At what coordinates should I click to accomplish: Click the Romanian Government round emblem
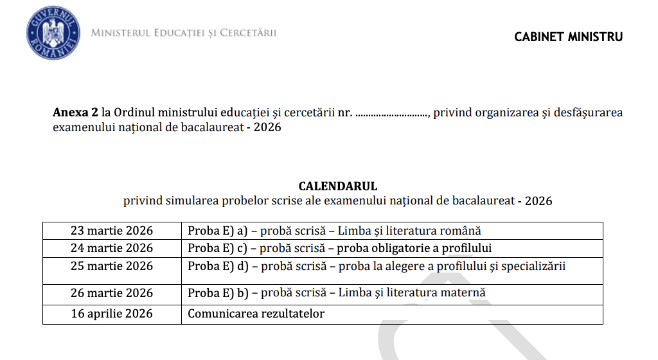pyautogui.click(x=53, y=33)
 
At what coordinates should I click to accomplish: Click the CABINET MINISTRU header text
pyautogui.click(x=568, y=37)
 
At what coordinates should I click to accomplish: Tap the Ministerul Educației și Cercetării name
pyautogui.click(x=184, y=33)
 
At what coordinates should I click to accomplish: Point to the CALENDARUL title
pyautogui.click(x=337, y=186)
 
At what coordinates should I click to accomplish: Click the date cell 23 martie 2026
pyautogui.click(x=112, y=230)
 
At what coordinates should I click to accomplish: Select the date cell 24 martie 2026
pyautogui.click(x=112, y=248)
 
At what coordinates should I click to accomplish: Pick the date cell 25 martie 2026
pyautogui.click(x=112, y=266)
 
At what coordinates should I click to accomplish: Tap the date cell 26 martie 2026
pyautogui.click(x=112, y=293)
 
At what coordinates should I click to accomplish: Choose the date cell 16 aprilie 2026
pyautogui.click(x=112, y=314)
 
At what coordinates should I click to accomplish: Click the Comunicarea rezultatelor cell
pyautogui.click(x=256, y=314)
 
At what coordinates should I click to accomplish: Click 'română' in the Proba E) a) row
pyautogui.click(x=460, y=230)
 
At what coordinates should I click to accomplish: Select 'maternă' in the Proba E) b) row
pyautogui.click(x=463, y=293)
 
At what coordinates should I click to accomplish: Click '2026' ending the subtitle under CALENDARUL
pyautogui.click(x=538, y=201)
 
